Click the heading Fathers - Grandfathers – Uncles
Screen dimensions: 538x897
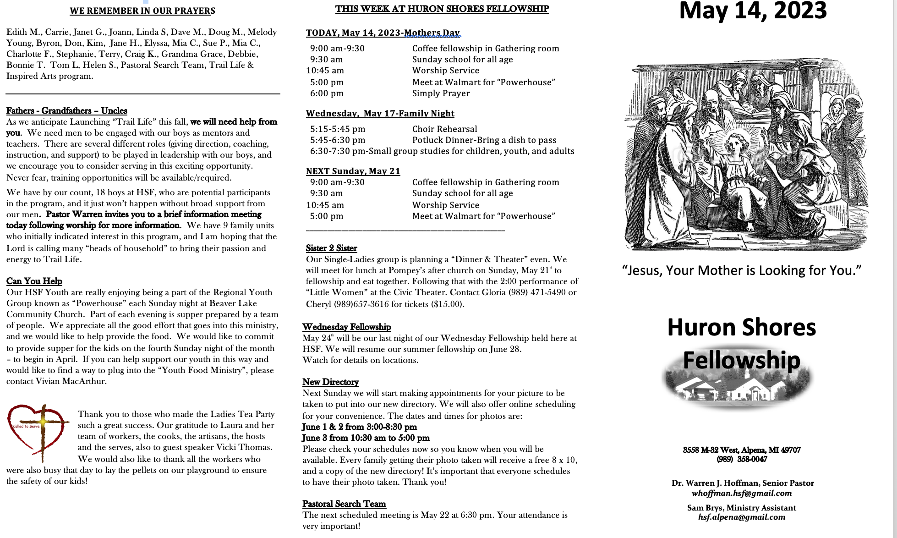tap(66, 110)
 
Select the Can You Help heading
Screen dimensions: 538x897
tap(34, 281)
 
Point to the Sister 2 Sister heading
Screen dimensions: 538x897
tap(331, 248)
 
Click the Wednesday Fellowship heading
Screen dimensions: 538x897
tap(346, 327)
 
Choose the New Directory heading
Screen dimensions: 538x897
tap(330, 382)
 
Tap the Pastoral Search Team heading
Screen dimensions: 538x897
tap(344, 504)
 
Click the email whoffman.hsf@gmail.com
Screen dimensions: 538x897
tap(742, 493)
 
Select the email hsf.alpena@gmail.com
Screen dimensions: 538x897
tap(742, 517)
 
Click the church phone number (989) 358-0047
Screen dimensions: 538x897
tap(742, 459)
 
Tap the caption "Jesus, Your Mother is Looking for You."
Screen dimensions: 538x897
tap(742, 270)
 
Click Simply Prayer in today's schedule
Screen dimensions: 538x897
tap(441, 93)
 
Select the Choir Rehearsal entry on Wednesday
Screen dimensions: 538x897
tap(444, 129)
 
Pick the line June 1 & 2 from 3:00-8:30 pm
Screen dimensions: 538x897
tap(359, 427)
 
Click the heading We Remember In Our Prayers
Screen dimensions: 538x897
tap(142, 11)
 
